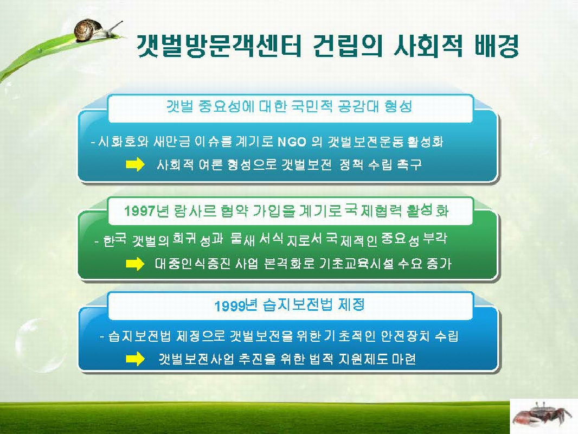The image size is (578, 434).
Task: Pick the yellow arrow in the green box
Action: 136,264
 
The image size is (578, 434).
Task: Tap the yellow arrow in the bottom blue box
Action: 136,359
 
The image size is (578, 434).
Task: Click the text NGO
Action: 292,143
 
